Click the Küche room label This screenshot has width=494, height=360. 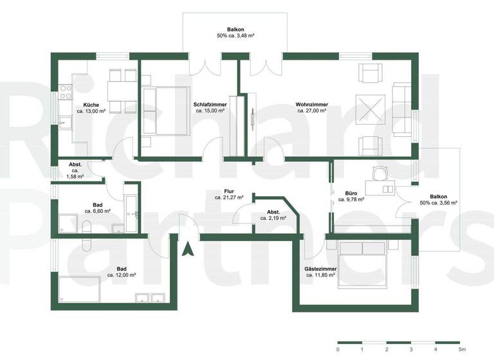coord(91,105)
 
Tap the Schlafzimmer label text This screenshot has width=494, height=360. coord(208,104)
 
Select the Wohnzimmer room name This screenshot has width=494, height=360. coord(312,104)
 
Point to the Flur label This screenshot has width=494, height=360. coord(228,192)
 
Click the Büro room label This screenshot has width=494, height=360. coord(351,193)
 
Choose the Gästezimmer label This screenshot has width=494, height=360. coord(321,269)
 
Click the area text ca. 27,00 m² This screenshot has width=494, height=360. coord(312,111)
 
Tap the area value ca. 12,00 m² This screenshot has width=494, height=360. coord(122,275)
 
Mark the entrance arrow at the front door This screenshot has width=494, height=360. coord(188,248)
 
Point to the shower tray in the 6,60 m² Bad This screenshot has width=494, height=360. coord(67,222)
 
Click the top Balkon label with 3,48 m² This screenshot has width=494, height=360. coord(235,30)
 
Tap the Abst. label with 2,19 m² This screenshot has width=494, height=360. coord(273,212)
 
